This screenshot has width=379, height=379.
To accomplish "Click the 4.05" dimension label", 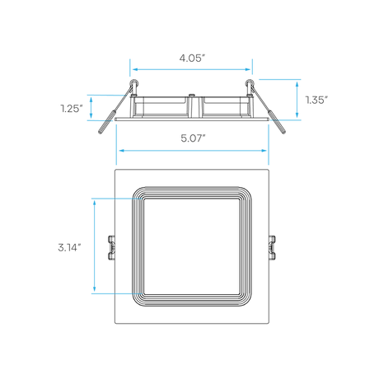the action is (x=192, y=58).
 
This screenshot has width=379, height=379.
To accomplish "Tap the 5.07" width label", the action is (x=193, y=138).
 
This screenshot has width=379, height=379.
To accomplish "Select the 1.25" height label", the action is (x=72, y=109).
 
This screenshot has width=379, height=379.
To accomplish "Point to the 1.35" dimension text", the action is (x=316, y=100).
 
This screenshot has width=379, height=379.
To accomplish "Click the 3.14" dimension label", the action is (x=69, y=247).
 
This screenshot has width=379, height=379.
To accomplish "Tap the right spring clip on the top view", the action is (x=272, y=247).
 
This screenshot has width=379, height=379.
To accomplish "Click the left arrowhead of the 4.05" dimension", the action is (x=135, y=69).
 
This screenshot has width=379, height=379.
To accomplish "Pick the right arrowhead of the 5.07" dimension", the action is (x=264, y=151).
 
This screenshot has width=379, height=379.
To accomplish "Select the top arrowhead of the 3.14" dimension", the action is (x=95, y=203).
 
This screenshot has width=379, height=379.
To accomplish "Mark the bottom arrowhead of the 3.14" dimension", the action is (x=95, y=288).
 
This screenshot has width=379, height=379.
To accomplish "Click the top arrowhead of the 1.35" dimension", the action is (x=297, y=84).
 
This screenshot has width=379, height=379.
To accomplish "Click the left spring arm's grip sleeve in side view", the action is (x=105, y=122).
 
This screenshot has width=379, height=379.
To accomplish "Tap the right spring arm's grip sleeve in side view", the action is (x=277, y=122).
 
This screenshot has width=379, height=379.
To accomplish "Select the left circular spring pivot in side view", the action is (x=134, y=82).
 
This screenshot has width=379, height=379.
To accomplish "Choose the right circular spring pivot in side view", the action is (x=250, y=82).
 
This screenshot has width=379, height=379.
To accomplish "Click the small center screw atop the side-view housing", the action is (x=192, y=95).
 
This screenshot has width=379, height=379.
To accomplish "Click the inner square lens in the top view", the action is (x=192, y=246).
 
